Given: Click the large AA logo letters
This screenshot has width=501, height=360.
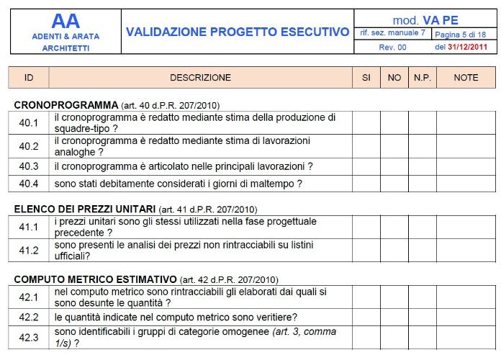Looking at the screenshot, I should pos(66,22).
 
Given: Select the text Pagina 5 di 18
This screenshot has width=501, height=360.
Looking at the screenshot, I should pos(461,34).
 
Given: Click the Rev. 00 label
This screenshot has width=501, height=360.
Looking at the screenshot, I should pos(393,48).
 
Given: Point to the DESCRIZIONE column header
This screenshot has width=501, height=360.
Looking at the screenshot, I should pos(200,78).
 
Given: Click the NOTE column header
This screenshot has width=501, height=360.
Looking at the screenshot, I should pos(466,78).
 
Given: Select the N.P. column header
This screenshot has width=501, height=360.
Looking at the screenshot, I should pos(422,78).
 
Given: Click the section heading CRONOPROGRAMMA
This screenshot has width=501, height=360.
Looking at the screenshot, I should pos(65,105).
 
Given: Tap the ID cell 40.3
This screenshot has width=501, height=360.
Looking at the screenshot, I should pos(29,166).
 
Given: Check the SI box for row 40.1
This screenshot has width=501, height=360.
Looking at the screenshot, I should pos(366,122).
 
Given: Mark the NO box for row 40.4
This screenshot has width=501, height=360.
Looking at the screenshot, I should pos(394,184).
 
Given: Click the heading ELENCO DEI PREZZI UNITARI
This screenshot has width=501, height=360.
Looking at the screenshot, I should pos(84,210).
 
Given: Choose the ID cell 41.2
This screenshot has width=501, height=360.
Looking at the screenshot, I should pos(29,251).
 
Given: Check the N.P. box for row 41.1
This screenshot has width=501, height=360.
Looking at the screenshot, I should pos(422,228).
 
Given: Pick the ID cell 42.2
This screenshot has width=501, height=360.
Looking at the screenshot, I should pos(29,318).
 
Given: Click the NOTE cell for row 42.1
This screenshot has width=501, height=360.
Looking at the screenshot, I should pos(466,297).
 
